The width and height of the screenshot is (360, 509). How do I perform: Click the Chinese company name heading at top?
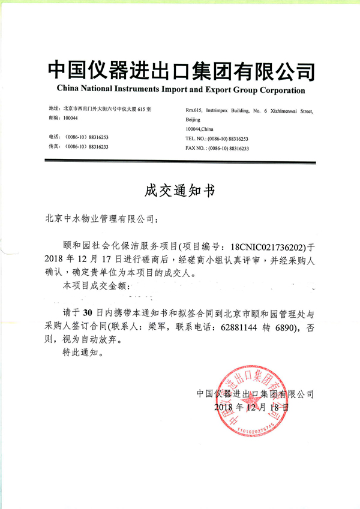pyautogui.click(x=180, y=71)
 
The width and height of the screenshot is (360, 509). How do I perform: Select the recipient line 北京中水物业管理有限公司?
pyautogui.click(x=103, y=219)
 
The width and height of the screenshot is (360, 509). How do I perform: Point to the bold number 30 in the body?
pyautogui.click(x=87, y=314)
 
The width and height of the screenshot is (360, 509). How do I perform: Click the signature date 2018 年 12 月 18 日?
pyautogui.click(x=251, y=407)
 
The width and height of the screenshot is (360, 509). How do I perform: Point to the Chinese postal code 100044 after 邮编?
pyautogui.click(x=70, y=120)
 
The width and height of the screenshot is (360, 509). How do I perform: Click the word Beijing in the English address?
pyautogui.click(x=194, y=120)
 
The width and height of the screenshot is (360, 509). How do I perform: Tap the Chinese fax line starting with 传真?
pyautogui.click(x=78, y=147)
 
